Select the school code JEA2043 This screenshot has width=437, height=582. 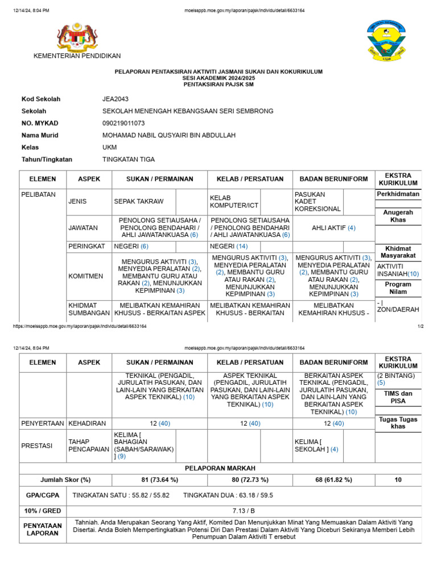coord(114,99)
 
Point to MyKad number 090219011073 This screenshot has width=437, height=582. coord(123,123)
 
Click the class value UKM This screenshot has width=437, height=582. coord(109,147)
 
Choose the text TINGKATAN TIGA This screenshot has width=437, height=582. coord(128,160)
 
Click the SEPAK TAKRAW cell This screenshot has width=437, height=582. coord(139,202)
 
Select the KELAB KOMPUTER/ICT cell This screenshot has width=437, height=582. coord(226,202)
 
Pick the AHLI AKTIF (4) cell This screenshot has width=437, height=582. coord(336,228)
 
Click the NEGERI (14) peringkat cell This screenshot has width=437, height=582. coord(229,247)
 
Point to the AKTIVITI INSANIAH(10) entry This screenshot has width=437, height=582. coord(398,270)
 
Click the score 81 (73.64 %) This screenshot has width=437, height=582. coord(160,480)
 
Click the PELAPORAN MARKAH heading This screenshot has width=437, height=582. coord(221,468)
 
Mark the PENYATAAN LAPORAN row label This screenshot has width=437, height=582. coord(43,530)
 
